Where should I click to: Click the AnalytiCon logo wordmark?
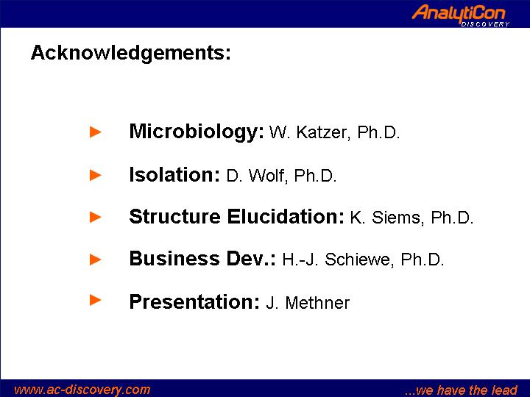click(459, 13)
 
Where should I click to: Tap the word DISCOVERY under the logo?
click(485, 24)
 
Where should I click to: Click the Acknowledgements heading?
click(131, 54)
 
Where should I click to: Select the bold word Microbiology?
click(197, 132)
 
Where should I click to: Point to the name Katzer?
click(322, 132)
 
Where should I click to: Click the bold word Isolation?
click(174, 174)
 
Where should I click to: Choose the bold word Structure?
click(174, 216)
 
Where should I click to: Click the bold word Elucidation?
click(286, 216)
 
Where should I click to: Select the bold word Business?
click(174, 259)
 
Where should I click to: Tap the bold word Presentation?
click(194, 301)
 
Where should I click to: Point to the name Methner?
click(317, 302)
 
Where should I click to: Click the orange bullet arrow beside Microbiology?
click(95, 132)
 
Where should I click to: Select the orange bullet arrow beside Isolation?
click(95, 175)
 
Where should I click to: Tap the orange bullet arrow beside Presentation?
click(95, 300)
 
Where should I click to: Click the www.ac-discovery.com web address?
click(82, 390)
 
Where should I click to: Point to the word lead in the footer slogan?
click(504, 390)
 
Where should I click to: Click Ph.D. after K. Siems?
click(452, 218)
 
